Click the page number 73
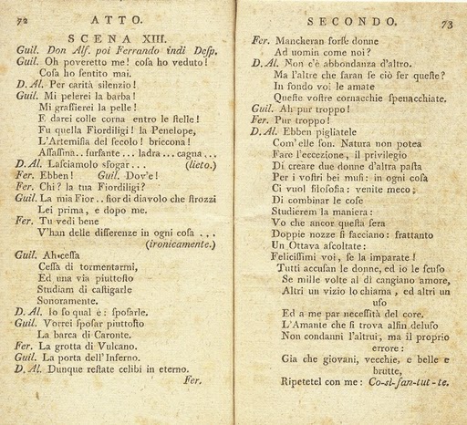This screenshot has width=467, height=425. click(x=446, y=26)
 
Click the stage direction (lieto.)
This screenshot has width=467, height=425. click(x=200, y=165)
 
